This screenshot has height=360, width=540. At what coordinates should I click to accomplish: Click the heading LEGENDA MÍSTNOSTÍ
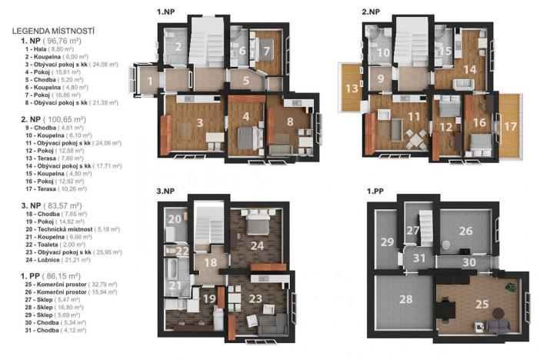tap(53, 31)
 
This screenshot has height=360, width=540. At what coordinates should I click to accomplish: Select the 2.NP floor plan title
tap(372, 12)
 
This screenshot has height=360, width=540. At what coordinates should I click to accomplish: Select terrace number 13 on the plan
tap(352, 88)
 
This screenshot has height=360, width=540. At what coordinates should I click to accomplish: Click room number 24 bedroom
tap(258, 245)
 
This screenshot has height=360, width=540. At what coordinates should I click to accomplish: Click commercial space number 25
tap(481, 304)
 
